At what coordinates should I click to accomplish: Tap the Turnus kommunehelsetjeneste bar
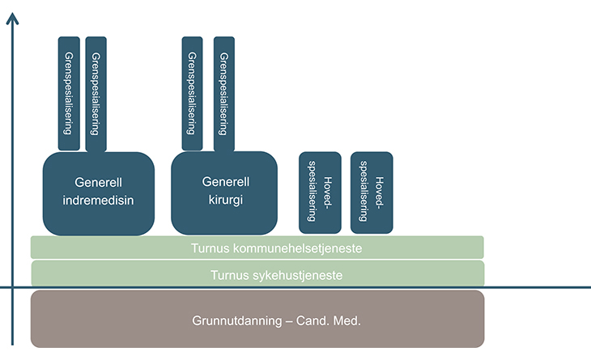pos(257,248)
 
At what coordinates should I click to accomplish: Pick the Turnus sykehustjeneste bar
pos(257,275)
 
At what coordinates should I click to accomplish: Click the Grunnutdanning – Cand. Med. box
pos(257,319)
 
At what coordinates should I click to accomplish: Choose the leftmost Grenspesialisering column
pos(69,93)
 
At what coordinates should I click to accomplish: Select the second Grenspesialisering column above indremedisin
pos(96,93)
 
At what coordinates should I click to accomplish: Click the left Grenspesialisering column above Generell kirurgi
pos(192,93)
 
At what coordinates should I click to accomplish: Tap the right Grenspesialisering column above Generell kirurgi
pos(223,93)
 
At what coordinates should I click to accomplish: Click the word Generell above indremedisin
pos(98,182)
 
